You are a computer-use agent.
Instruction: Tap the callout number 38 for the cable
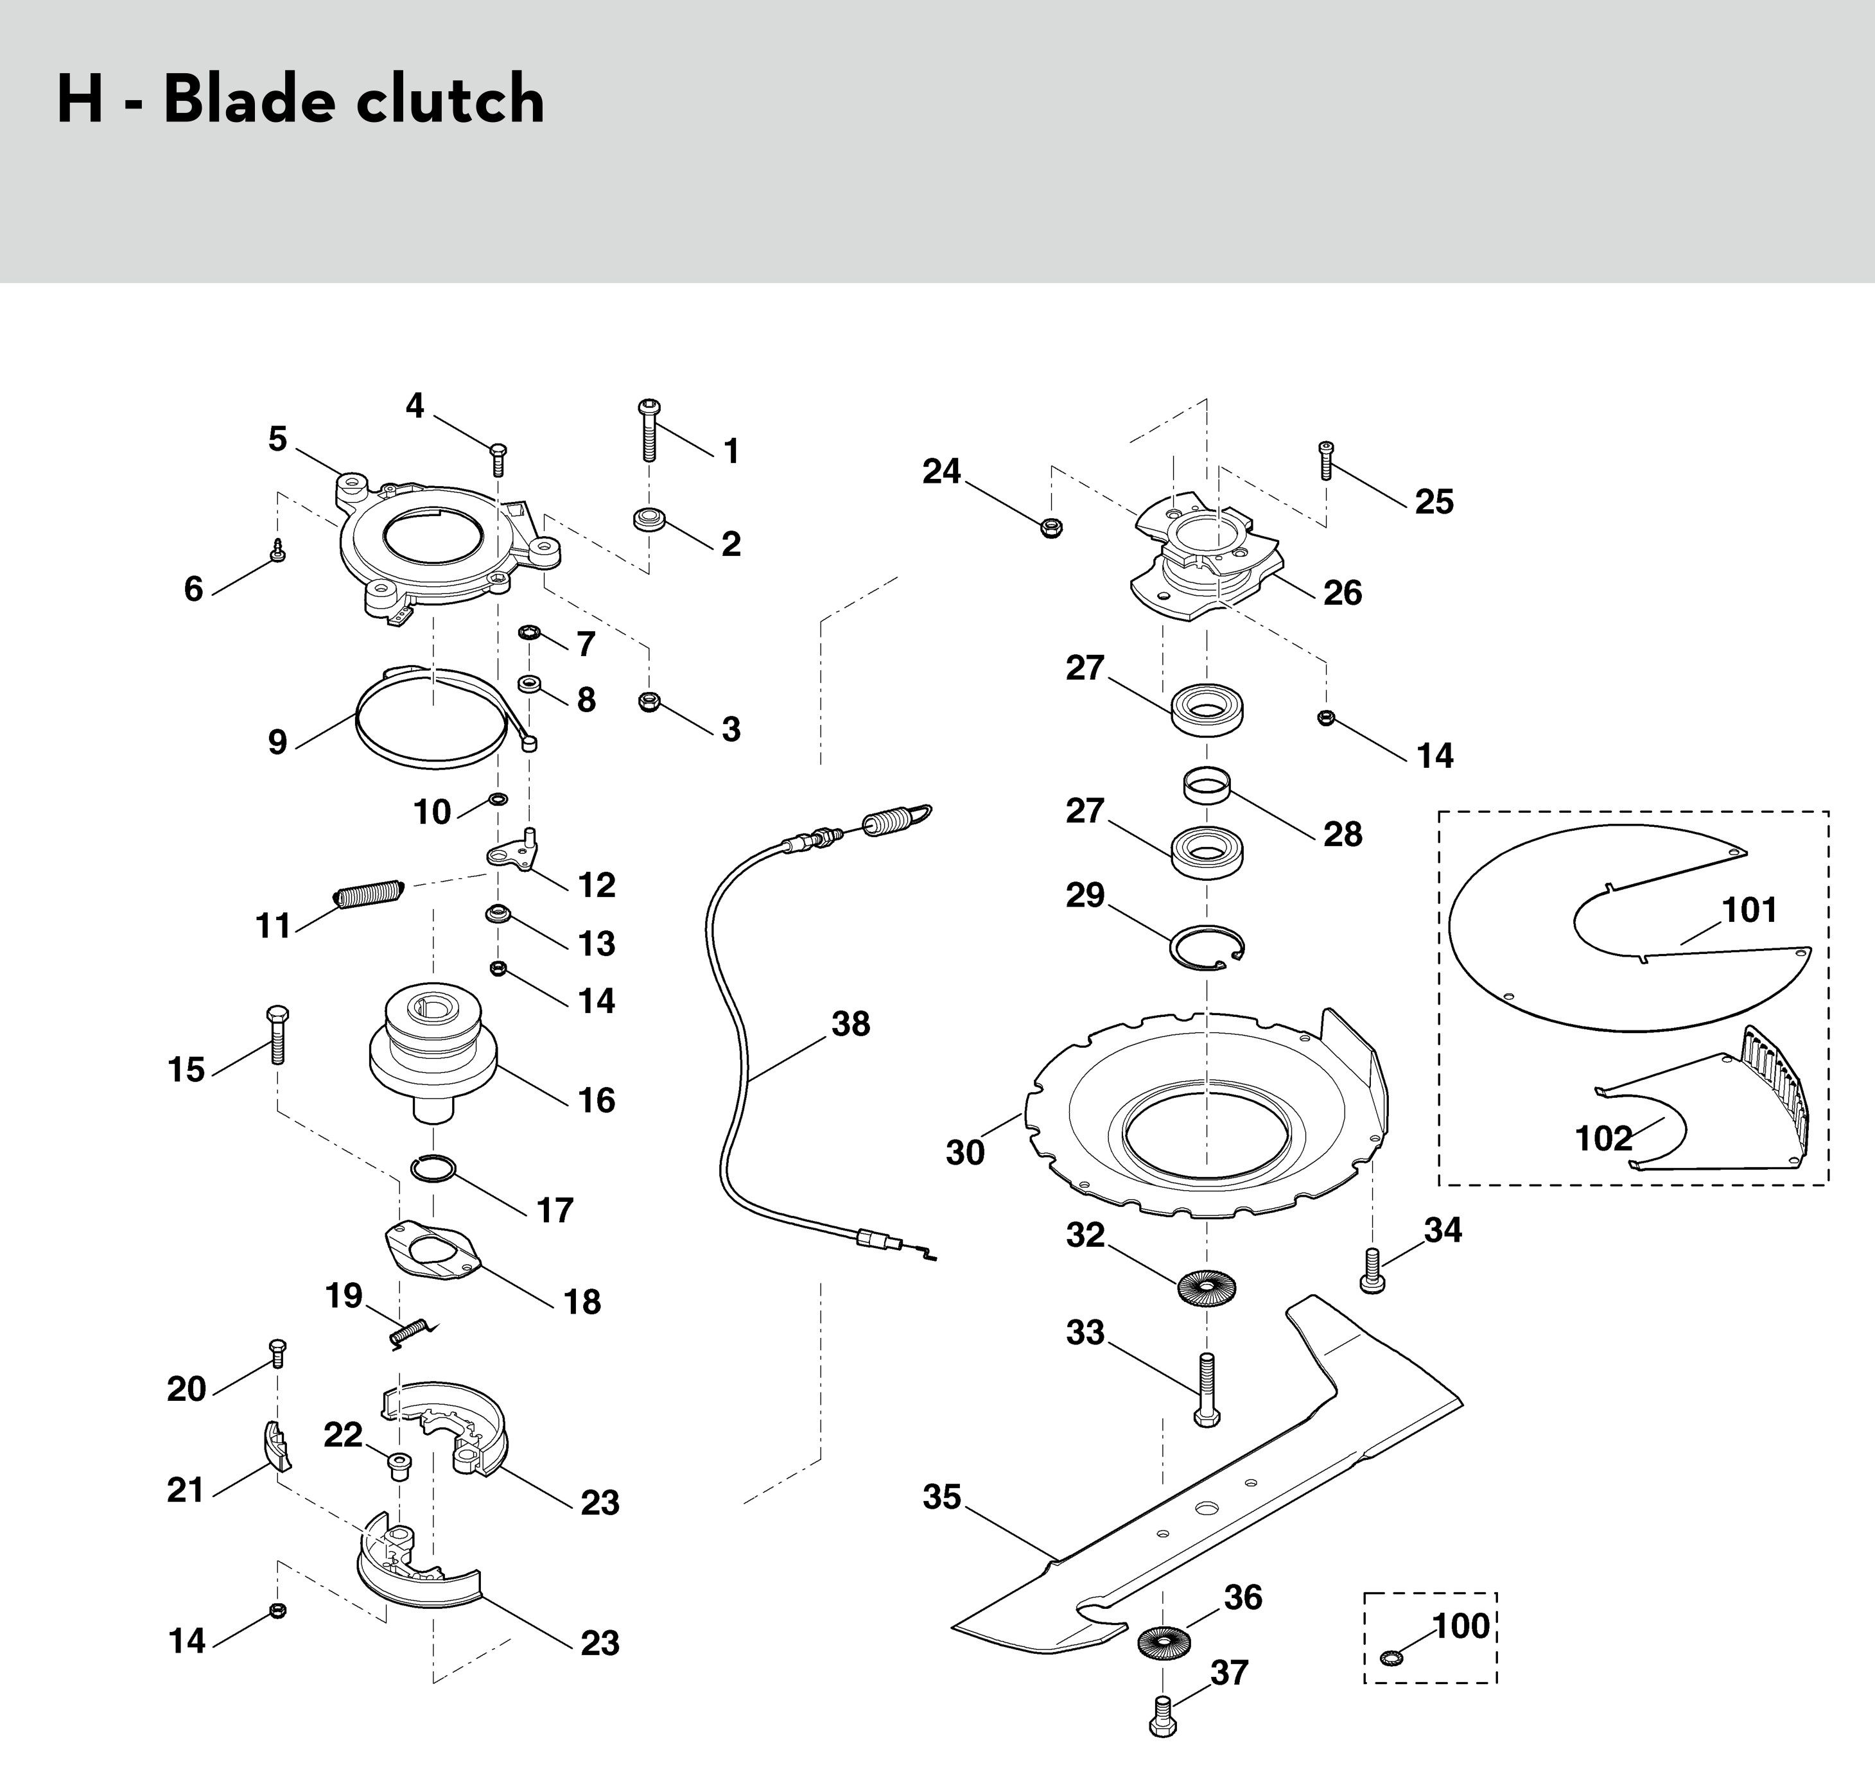coord(850,1024)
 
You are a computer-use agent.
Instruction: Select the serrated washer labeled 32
coord(1207,1287)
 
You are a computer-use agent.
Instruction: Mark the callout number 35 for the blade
coord(942,1497)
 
